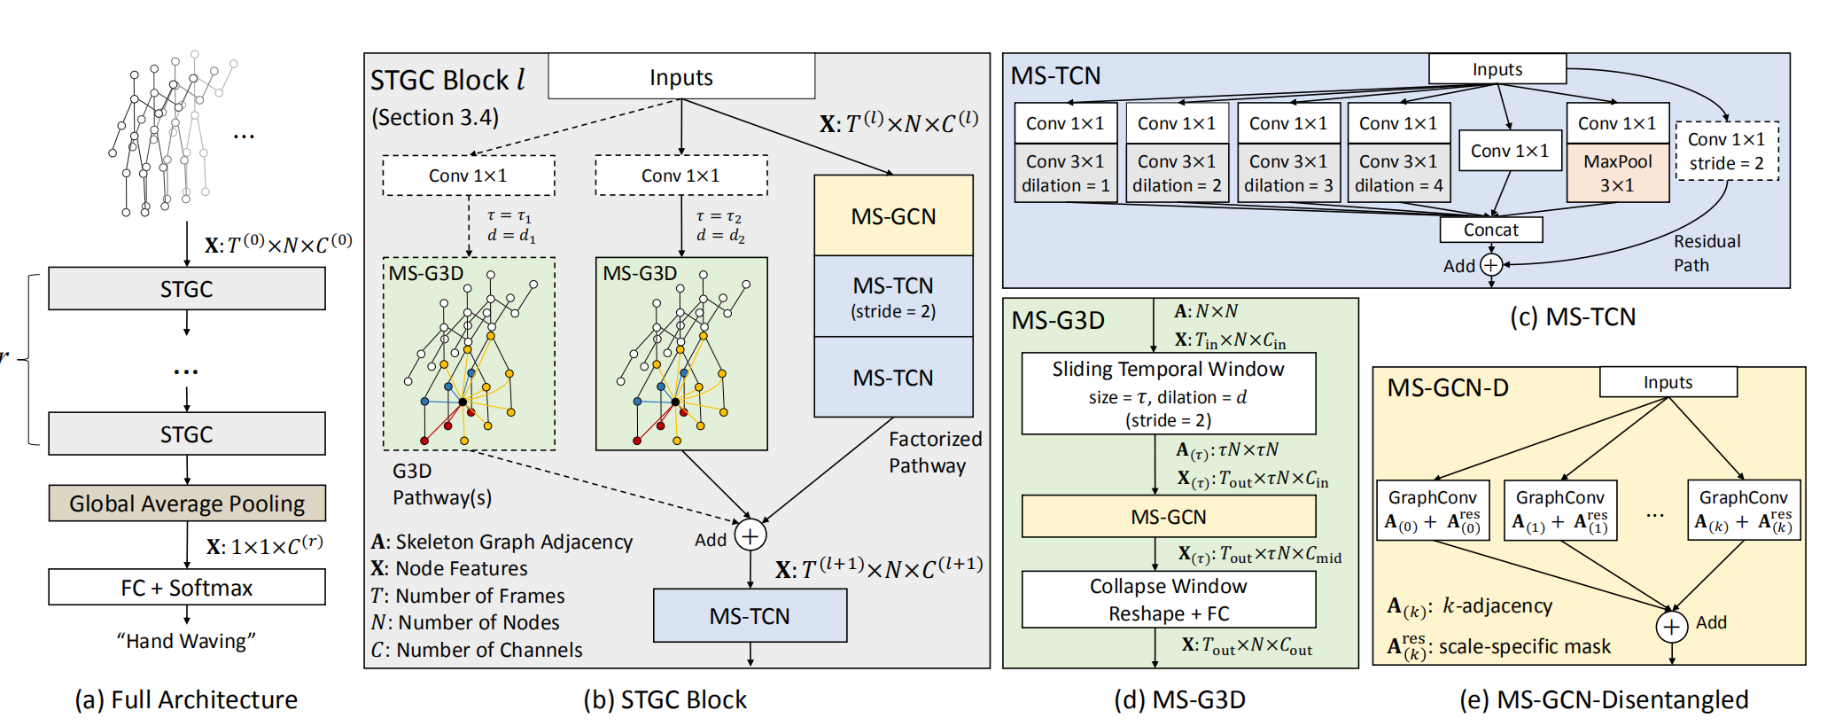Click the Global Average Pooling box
tap(187, 504)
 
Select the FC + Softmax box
tap(187, 588)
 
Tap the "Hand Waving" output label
tap(186, 641)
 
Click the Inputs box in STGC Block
tap(680, 77)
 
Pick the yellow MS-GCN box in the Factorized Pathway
tap(893, 216)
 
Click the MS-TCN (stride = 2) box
tap(893, 296)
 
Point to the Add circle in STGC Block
tap(750, 536)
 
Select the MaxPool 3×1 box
tap(1618, 174)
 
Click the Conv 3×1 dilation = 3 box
tap(1288, 174)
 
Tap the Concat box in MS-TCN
tap(1490, 230)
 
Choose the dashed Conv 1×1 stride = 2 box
tap(1726, 151)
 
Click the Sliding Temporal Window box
tap(1168, 394)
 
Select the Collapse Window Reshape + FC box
tap(1168, 599)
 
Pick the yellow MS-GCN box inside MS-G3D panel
tap(1168, 517)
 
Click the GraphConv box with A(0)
tap(1432, 511)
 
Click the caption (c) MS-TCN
tap(1573, 317)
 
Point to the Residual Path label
tap(1706, 253)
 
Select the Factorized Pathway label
tap(935, 452)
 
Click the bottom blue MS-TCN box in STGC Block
tap(750, 616)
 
